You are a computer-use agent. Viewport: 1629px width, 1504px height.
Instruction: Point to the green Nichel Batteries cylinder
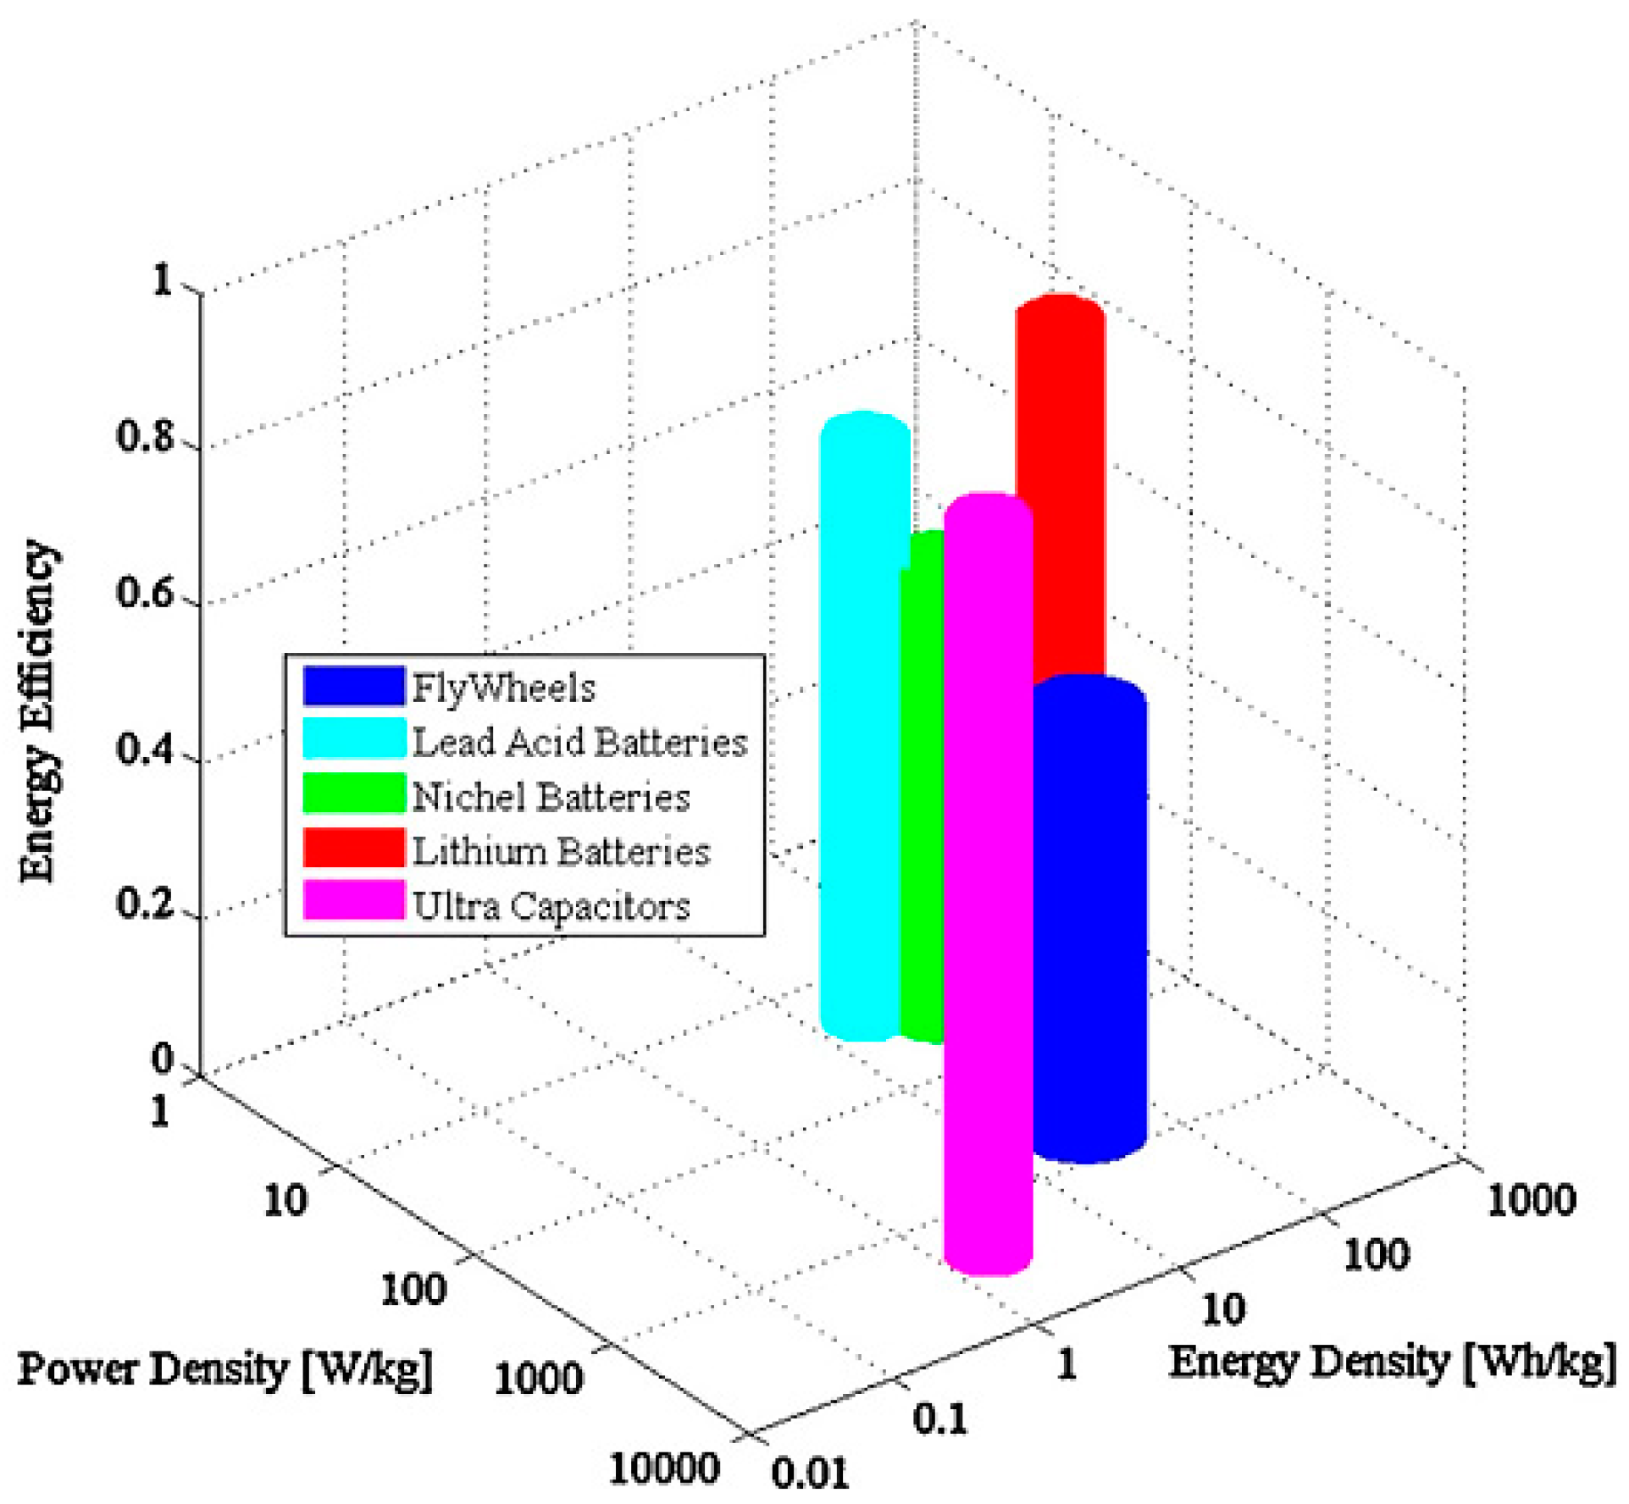tap(923, 788)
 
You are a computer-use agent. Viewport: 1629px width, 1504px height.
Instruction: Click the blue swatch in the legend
tap(353, 686)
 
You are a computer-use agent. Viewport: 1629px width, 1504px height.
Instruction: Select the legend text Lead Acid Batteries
tap(579, 742)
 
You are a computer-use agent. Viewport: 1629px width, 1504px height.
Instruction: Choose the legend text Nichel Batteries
tap(551, 797)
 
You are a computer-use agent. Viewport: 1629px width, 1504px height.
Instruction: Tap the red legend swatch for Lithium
tap(353, 849)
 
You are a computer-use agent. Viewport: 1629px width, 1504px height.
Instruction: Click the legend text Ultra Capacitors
tap(551, 905)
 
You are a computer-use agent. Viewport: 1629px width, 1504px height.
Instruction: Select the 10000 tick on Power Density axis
tap(664, 1468)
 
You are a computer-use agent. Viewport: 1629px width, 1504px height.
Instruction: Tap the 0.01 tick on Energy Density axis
tap(809, 1473)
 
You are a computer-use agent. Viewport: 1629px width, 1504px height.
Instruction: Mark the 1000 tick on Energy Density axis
tap(1531, 1199)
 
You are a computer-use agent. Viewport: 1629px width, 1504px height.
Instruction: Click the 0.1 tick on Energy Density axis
tap(939, 1417)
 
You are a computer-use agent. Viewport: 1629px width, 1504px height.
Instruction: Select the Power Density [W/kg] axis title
tap(224, 1369)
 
